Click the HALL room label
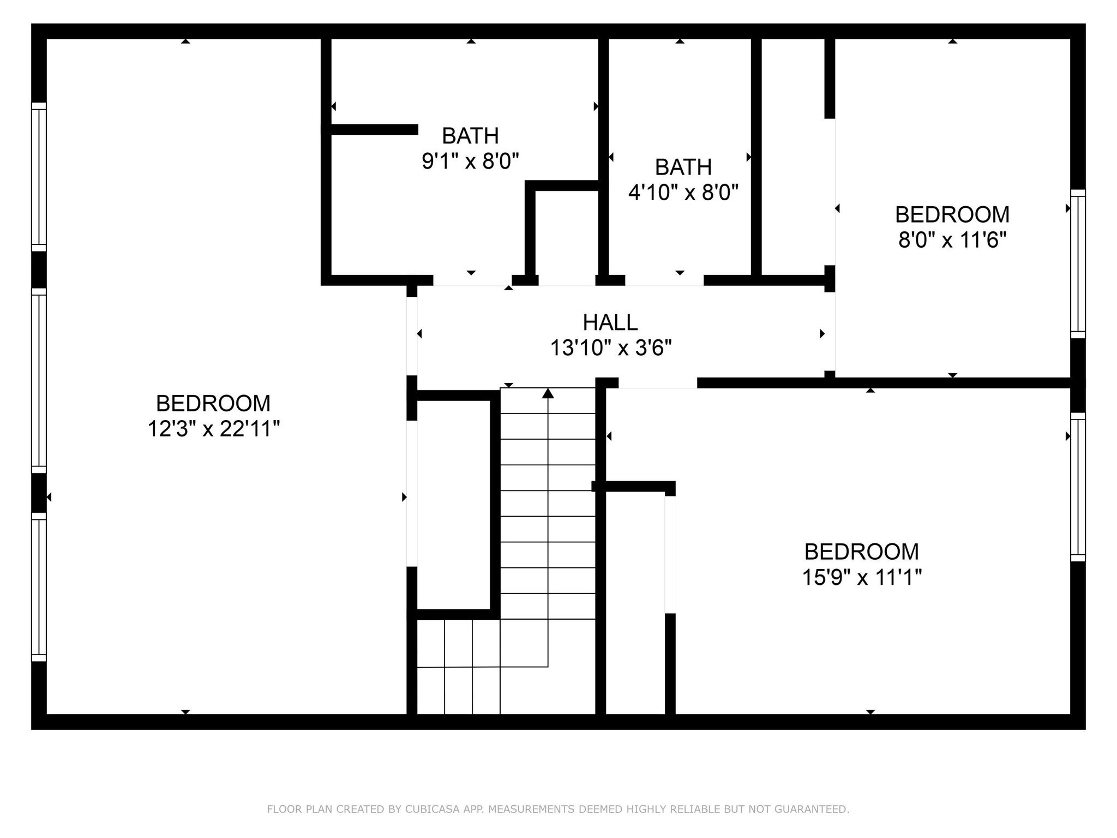pos(610,322)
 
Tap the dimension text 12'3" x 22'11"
pos(214,429)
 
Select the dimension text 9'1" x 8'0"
pos(470,161)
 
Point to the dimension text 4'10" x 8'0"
pos(683,193)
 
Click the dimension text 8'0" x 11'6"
pos(952,240)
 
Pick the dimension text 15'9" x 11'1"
pos(861,577)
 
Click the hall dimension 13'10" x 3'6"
pos(610,348)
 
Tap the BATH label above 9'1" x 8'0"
pos(470,135)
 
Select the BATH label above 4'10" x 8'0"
pos(683,167)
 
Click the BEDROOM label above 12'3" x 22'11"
pos(213,404)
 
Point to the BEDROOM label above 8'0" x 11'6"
pos(952,214)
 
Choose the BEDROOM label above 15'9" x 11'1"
pos(861,552)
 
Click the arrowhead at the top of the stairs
pos(548,393)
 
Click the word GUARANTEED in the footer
pos(814,809)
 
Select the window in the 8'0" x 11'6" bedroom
pos(1077,264)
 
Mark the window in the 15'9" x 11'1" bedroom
pos(1077,487)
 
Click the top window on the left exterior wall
pos(39,177)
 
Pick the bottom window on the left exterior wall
pos(39,587)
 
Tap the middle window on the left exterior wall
pos(39,380)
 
